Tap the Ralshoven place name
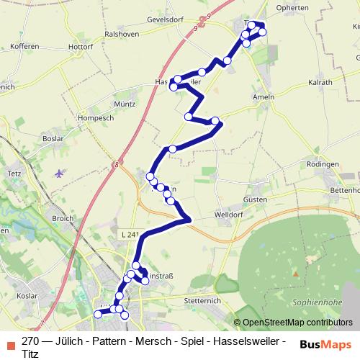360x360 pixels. tap(122, 33)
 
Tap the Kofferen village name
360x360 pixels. tap(25, 46)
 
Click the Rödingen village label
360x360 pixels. tap(322, 165)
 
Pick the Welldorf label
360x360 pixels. tap(230, 215)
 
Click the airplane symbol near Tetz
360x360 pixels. tap(58, 173)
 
